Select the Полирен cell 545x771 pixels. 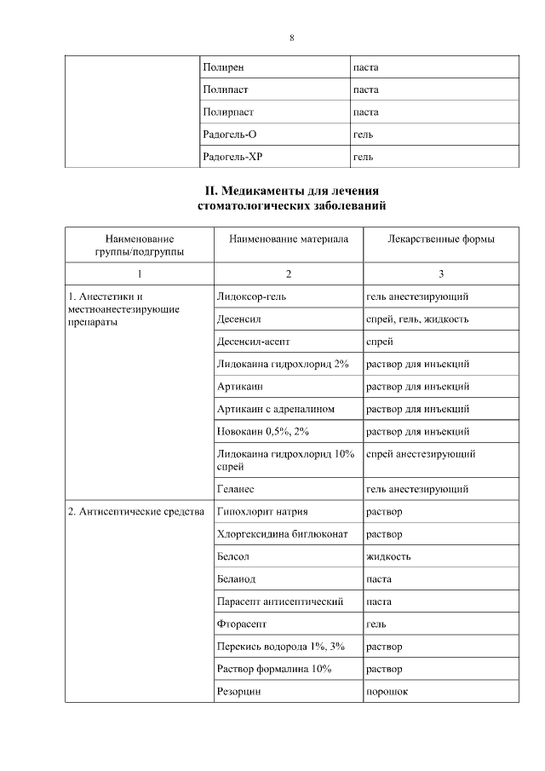pos(223,66)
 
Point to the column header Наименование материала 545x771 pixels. pos(289,239)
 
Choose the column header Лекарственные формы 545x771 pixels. pos(440,239)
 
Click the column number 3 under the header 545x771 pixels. pos(440,273)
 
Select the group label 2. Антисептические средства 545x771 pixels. pos(135,512)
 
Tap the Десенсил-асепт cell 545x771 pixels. pos(254,342)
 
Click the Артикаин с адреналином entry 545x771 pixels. pos(276,409)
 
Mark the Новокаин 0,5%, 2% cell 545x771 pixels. pos(263,432)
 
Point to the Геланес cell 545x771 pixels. pos(236,489)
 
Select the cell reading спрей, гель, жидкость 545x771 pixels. pos(416,319)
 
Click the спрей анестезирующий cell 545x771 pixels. pos(420,454)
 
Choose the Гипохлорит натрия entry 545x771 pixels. pos(262,512)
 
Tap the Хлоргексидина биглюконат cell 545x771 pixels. pos(274,535)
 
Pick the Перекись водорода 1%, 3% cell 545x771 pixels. pos(276,647)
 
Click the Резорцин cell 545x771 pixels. pos(239,692)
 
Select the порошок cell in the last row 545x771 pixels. pos(387,692)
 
